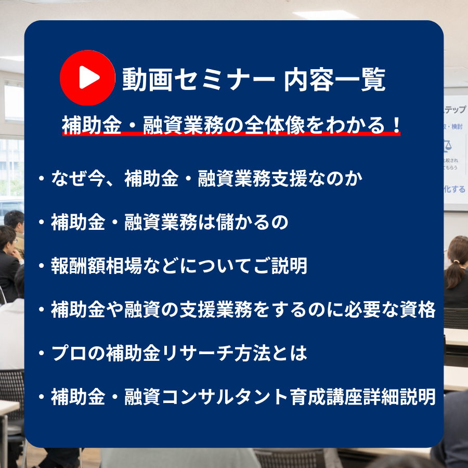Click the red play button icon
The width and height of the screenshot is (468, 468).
[87, 77]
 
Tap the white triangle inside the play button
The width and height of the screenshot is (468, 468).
[89, 77]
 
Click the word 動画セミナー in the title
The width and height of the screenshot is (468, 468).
[199, 80]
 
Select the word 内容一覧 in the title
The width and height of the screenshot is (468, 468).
[334, 80]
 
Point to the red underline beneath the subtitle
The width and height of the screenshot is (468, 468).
[231, 134]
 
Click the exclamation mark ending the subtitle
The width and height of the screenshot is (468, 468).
[396, 125]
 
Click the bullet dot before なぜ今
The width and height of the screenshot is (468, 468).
[42, 178]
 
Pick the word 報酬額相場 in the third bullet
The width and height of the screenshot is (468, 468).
[96, 266]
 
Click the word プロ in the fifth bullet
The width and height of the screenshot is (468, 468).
[69, 353]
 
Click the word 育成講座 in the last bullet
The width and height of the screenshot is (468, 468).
[327, 396]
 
